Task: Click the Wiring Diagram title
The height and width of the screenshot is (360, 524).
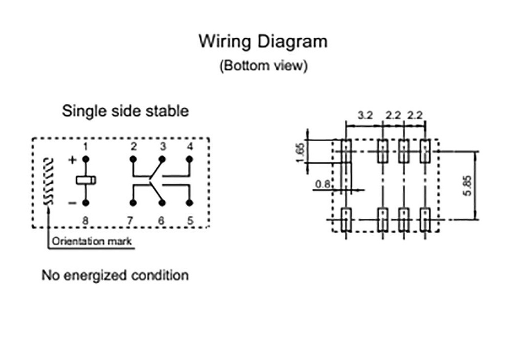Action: [x=263, y=41]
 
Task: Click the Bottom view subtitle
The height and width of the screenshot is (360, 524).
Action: [x=264, y=66]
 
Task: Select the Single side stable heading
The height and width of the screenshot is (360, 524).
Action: [x=125, y=111]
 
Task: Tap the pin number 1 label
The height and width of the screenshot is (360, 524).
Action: [x=86, y=146]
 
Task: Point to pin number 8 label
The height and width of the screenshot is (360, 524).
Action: [x=86, y=221]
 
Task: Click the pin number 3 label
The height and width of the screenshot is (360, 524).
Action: [x=163, y=146]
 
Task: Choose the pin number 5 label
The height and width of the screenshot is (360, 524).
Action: [x=190, y=221]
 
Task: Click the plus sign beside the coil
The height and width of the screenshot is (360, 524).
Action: [x=72, y=160]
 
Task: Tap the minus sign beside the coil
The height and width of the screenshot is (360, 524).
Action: [x=72, y=203]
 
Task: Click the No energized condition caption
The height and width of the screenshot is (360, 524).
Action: [x=115, y=276]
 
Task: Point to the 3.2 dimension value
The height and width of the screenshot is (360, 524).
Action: [x=365, y=116]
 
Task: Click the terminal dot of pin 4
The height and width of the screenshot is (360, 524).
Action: [x=190, y=159]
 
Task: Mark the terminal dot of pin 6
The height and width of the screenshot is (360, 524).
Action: [x=162, y=203]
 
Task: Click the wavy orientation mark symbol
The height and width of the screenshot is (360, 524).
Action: [x=49, y=181]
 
